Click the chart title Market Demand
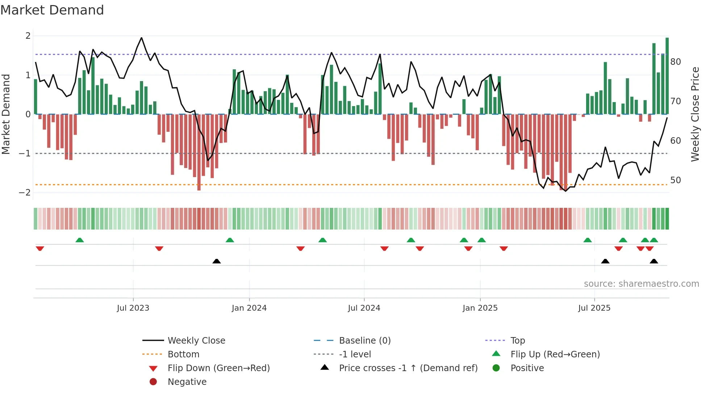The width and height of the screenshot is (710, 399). [52, 10]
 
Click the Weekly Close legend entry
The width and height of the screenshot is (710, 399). [196, 340]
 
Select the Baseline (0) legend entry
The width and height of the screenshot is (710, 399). [364, 340]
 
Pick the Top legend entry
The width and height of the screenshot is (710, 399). [517, 340]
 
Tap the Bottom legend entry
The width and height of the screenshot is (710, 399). [183, 354]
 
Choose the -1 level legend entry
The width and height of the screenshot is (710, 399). [355, 354]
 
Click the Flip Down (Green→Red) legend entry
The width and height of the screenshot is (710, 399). [218, 368]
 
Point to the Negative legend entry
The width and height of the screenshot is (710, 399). [187, 382]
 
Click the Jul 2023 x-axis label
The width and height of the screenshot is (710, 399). [133, 308]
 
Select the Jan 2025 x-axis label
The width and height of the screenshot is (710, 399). [480, 308]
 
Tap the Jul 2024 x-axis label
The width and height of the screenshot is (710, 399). [364, 308]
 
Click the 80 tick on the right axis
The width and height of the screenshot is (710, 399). [676, 62]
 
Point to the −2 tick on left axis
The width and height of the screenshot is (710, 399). [25, 192]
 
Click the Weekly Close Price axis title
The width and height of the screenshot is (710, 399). [695, 114]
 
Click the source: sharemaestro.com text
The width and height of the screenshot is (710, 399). [641, 283]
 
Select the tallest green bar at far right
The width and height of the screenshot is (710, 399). [667, 76]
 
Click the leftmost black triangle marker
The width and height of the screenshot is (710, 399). [217, 261]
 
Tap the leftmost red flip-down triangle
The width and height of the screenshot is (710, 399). [40, 248]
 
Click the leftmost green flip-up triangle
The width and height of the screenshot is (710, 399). [80, 240]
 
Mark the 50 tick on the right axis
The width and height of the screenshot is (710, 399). [676, 180]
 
